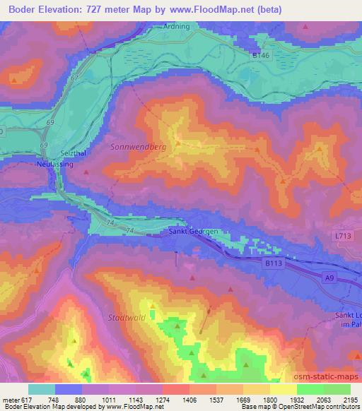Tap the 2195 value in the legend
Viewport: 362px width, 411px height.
pos(351,399)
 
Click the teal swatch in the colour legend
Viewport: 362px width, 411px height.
pos(41,389)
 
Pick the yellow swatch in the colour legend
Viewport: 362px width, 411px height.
pos(284,389)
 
